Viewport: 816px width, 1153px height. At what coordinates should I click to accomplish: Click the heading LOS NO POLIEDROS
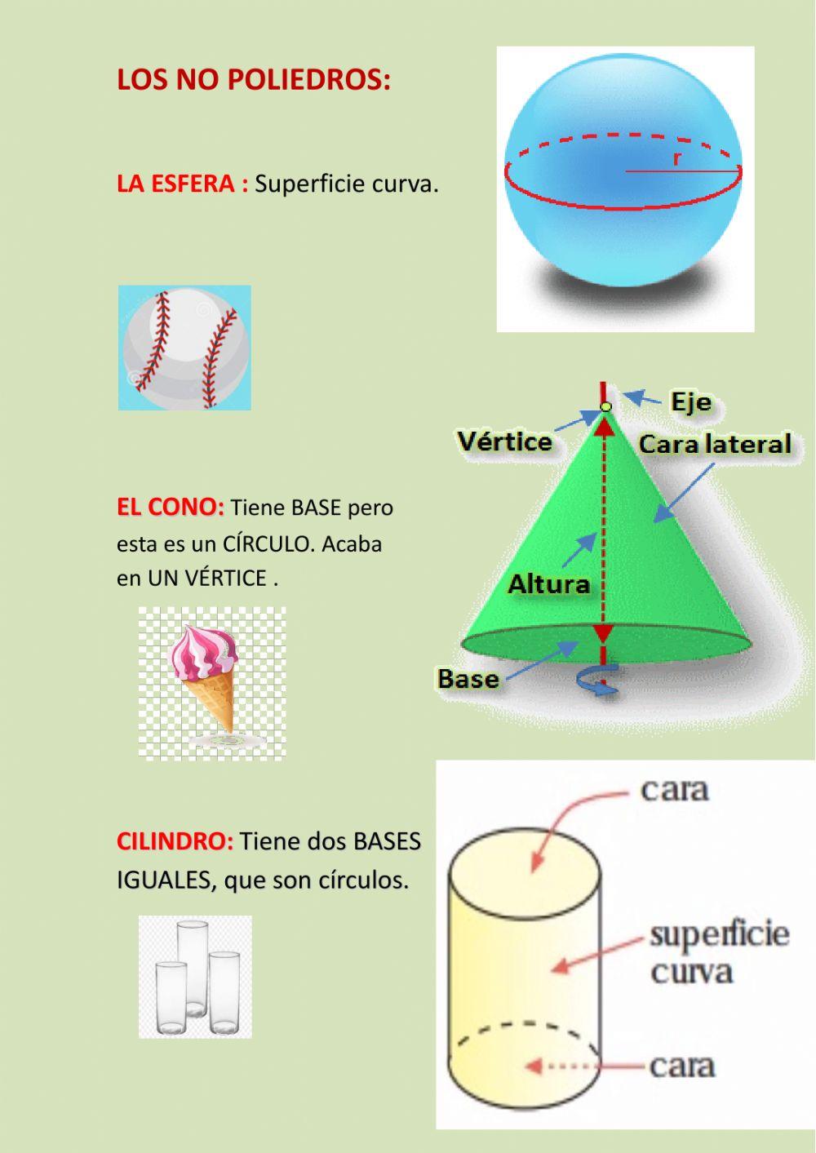[x=254, y=80]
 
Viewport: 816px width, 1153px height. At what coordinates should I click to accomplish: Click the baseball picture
[x=184, y=348]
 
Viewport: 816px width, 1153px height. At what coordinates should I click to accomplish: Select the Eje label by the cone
[x=690, y=402]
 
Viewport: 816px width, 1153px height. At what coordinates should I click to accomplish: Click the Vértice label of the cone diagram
[x=504, y=441]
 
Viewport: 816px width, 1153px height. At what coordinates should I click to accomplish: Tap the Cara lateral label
[x=714, y=444]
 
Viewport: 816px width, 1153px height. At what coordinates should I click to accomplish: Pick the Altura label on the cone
[x=548, y=584]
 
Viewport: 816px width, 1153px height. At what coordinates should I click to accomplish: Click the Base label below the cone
[x=468, y=679]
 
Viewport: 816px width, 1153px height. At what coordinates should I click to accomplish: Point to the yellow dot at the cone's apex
[x=605, y=406]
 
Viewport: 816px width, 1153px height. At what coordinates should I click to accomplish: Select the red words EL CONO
[x=170, y=508]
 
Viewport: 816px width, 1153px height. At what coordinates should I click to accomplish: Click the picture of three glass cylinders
[x=195, y=977]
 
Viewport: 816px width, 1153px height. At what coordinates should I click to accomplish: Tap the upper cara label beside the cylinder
[x=674, y=789]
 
